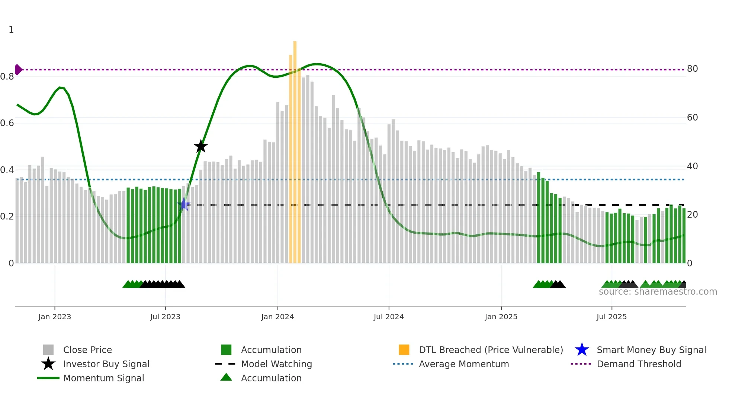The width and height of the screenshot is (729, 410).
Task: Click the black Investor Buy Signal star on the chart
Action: pyautogui.click(x=201, y=147)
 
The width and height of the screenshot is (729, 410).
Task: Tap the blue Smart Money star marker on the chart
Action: pyautogui.click(x=184, y=205)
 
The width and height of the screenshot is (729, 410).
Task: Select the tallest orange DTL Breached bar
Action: pyautogui.click(x=295, y=149)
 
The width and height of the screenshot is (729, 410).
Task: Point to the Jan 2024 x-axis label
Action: pyautogui.click(x=277, y=317)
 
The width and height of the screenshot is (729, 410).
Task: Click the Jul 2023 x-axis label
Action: pyautogui.click(x=165, y=317)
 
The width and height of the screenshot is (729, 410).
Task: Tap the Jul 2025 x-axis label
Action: pyautogui.click(x=611, y=317)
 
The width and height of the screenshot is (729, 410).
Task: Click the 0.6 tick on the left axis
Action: pyautogui.click(x=7, y=123)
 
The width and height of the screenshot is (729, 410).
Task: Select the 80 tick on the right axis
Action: pyautogui.click(x=692, y=69)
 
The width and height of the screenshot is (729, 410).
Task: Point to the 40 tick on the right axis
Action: pyautogui.click(x=692, y=166)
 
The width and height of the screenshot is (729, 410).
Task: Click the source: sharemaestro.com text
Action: pyautogui.click(x=658, y=292)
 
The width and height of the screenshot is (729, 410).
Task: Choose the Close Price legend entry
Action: pyautogui.click(x=87, y=350)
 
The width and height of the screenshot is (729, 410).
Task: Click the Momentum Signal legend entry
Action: pyautogui.click(x=103, y=378)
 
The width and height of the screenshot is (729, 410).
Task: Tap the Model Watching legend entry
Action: pyautogui.click(x=276, y=364)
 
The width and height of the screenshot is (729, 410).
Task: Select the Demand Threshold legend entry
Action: pyautogui.click(x=639, y=364)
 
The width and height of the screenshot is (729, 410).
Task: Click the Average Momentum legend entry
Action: pyautogui.click(x=464, y=364)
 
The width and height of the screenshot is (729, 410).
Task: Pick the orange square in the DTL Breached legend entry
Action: pyautogui.click(x=404, y=350)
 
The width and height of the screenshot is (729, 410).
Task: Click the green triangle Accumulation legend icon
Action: pyautogui.click(x=226, y=378)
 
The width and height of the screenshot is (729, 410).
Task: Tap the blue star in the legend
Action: pyautogui.click(x=582, y=350)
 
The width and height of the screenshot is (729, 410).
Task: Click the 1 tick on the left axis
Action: pyautogui.click(x=11, y=30)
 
